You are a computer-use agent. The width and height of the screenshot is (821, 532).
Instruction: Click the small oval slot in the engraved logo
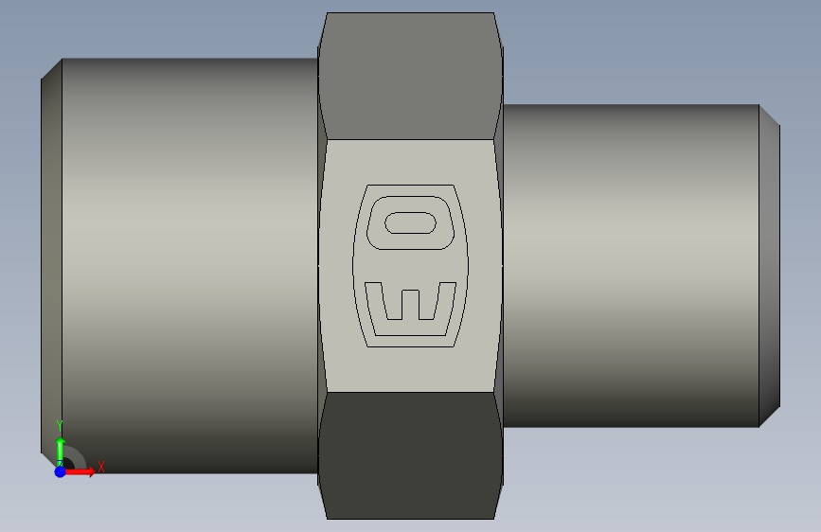(x=410, y=223)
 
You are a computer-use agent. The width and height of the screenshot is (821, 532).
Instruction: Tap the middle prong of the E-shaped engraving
(x=410, y=304)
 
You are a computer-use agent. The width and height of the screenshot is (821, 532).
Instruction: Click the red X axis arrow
(x=79, y=471)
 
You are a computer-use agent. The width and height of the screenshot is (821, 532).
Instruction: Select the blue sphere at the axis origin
(x=61, y=471)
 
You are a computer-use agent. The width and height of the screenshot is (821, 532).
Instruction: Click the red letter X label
(x=101, y=467)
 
